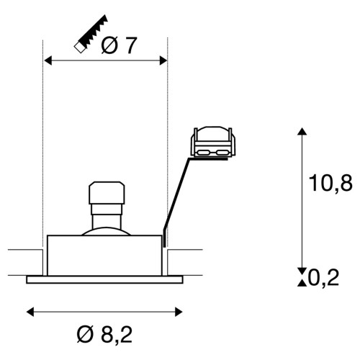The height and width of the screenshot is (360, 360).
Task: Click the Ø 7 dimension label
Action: point(119,45)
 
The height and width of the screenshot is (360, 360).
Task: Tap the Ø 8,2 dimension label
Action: point(104,334)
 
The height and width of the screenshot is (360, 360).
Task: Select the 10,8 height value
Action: point(330,183)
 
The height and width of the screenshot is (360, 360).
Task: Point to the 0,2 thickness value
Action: point(323,278)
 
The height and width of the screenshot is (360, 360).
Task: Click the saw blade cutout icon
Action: point(91,33)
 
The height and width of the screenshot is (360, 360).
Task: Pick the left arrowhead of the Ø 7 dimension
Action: point(48,60)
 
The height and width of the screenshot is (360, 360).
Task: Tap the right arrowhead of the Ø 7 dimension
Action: point(163,60)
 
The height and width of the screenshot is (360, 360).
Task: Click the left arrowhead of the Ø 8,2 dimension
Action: point(30,312)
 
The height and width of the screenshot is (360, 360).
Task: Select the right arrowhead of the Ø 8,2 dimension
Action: point(179,312)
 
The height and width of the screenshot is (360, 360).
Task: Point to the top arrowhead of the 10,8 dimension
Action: point(302,132)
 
